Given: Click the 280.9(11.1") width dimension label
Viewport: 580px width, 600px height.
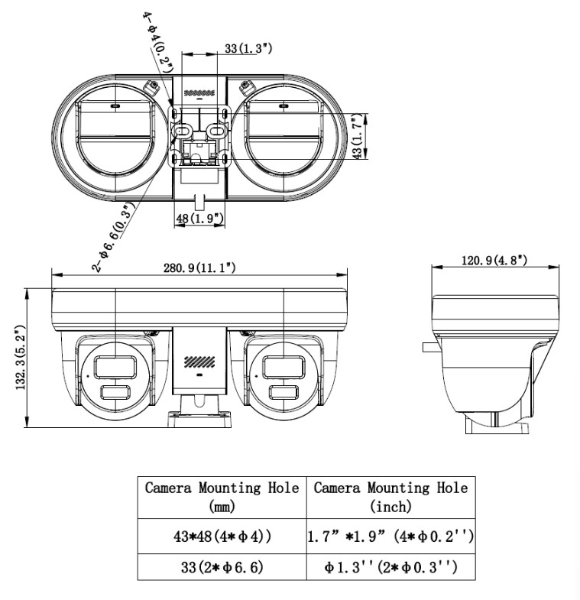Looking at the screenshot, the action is coord(199,268).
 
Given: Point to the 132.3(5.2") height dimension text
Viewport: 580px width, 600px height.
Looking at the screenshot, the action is coord(21,358).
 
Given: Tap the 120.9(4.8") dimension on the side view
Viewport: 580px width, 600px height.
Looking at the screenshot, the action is coord(494,261).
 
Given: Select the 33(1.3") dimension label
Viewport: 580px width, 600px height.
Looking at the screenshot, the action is coord(248,49).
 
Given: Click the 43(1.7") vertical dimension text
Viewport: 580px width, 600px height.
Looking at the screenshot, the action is coord(357,136).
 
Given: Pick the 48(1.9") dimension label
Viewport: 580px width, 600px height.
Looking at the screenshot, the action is coord(199,219).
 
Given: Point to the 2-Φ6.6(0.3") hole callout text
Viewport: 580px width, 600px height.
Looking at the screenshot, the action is coord(114,237).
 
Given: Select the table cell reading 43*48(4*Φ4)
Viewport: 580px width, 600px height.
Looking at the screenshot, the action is coord(222,536).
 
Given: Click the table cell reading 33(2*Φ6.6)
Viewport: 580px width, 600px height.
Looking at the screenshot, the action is coord(222,566).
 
